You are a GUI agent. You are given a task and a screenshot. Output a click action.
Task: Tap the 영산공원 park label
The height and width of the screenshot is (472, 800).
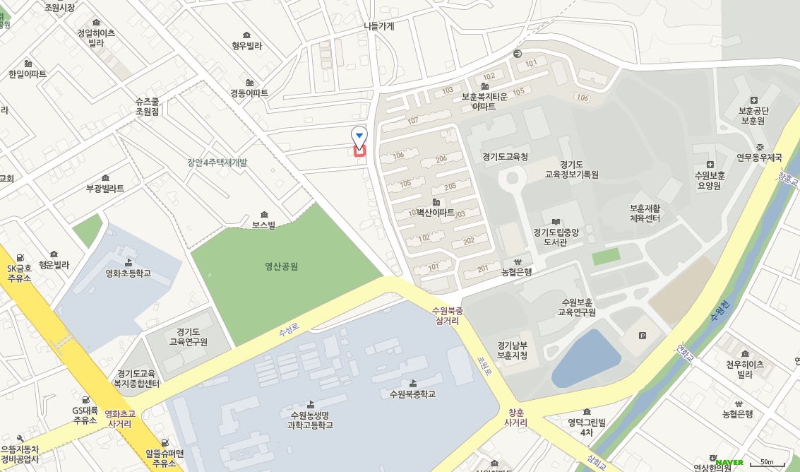(281, 266)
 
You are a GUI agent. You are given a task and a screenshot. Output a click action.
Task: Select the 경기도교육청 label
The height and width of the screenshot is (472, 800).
(505, 157)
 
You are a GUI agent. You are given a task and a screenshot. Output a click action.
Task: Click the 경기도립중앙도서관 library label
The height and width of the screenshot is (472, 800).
(556, 237)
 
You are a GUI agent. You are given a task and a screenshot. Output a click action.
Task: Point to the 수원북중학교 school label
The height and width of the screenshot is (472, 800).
(412, 394)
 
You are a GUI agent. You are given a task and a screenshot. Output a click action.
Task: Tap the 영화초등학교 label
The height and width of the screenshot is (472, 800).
(128, 273)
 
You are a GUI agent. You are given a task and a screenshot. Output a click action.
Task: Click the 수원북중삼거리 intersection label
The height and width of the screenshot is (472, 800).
(448, 316)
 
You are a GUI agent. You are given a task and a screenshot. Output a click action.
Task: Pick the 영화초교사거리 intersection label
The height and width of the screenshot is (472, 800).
(119, 419)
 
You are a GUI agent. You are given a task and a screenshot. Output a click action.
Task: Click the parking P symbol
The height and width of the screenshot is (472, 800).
(642, 336)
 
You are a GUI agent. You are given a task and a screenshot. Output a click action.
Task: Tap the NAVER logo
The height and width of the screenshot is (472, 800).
(729, 462)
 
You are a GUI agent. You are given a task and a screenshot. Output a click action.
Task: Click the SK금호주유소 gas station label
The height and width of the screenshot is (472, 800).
(20, 273)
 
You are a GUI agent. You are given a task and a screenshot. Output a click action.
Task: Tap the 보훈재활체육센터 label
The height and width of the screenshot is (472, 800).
(645, 213)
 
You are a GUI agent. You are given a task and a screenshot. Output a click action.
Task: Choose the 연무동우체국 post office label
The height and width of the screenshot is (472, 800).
(760, 157)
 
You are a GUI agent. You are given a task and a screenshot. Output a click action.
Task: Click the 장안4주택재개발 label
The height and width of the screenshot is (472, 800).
(217, 163)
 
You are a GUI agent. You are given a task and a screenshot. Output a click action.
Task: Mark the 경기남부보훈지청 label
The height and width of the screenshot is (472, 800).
(512, 350)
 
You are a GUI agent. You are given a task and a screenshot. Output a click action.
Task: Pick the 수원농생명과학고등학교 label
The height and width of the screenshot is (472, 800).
(310, 420)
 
